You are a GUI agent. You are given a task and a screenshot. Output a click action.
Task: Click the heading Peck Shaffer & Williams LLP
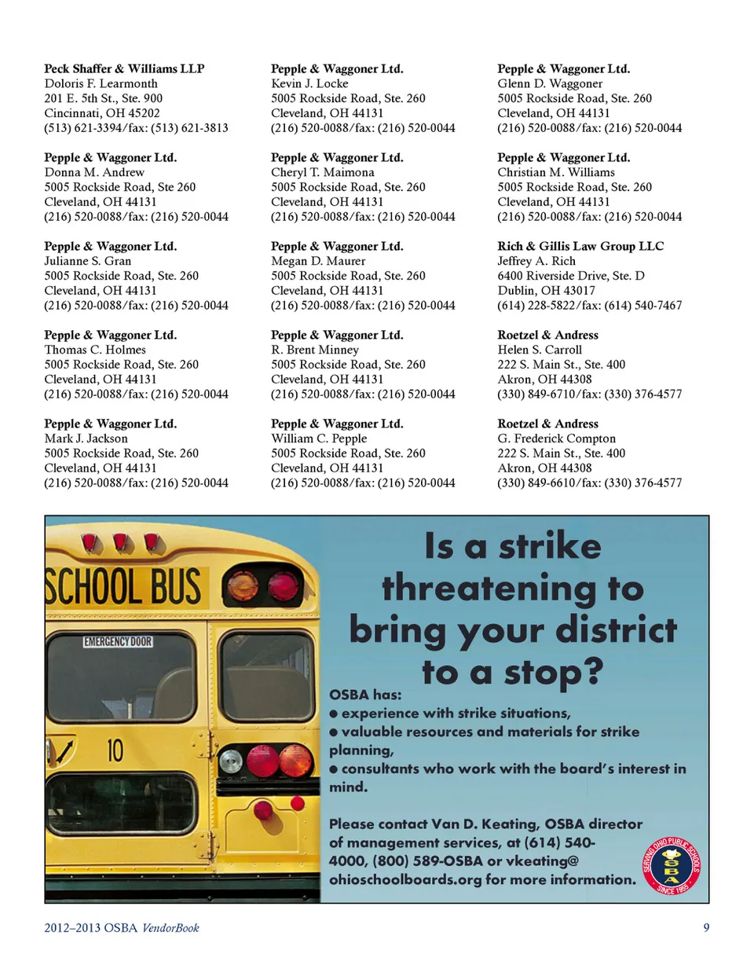pyautogui.click(x=124, y=69)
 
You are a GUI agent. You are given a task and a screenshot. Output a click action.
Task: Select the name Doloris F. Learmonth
pyautogui.click(x=101, y=84)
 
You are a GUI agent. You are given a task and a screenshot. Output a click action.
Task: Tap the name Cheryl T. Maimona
pyautogui.click(x=322, y=173)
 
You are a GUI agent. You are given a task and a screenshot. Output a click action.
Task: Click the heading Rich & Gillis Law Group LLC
pyautogui.click(x=580, y=247)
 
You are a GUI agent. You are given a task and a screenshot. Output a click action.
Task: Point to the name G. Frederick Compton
pyautogui.click(x=556, y=439)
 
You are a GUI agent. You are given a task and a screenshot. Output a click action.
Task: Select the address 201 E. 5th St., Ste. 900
pyautogui.click(x=103, y=99)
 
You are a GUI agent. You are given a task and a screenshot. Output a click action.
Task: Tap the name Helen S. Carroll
pyautogui.click(x=540, y=350)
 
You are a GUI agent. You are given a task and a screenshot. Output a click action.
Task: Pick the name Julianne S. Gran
pyautogui.click(x=87, y=262)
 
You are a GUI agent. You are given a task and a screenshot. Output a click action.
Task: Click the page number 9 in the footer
pyautogui.click(x=706, y=928)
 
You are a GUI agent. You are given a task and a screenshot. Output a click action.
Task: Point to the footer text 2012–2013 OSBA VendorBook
pyautogui.click(x=122, y=928)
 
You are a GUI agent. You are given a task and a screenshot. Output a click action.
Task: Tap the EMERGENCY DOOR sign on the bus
pyautogui.click(x=118, y=642)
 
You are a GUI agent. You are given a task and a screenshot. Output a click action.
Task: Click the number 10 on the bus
pyautogui.click(x=115, y=750)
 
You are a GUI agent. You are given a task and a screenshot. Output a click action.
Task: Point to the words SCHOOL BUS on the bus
pyautogui.click(x=123, y=587)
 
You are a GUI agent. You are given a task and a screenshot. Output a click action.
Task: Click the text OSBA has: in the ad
pyautogui.click(x=365, y=695)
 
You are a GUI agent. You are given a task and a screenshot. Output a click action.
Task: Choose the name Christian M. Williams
pyautogui.click(x=556, y=173)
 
